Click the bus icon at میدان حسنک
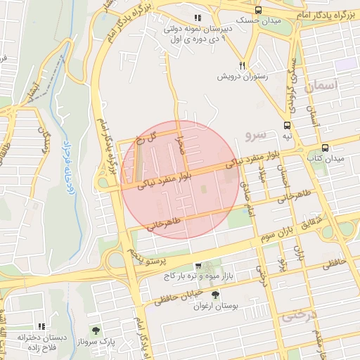coord(258,10)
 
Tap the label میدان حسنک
coord(256,21)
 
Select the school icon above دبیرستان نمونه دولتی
coord(198,18)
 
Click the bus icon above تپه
coord(286,124)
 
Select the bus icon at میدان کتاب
coord(325,148)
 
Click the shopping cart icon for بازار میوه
coord(198,266)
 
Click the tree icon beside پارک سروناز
coord(95,330)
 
